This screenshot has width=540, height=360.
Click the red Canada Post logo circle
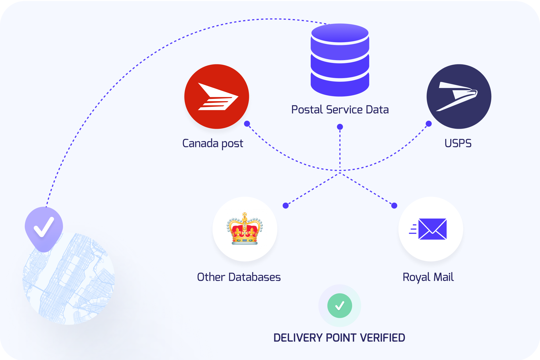pos(217,96)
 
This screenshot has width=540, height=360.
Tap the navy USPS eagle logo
pos(459,96)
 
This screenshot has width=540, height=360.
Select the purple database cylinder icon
pos(340,60)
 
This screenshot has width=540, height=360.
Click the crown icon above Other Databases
pos(245,229)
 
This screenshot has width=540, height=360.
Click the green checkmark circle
pos(339,305)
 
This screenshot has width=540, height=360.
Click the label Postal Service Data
pos(340,110)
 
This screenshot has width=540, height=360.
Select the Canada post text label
pos(213,144)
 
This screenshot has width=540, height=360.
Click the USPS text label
pos(458,143)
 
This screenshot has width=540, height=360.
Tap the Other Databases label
pos(239,277)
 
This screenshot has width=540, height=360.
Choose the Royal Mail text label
pos(428,277)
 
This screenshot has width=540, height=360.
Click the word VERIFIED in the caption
pos(382,338)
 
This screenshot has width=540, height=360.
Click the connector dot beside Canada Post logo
pos(247,124)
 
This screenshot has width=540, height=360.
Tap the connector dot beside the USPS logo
pos(429,124)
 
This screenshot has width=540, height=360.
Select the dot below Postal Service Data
pos(340,127)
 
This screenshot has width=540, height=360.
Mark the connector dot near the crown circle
pos(285,205)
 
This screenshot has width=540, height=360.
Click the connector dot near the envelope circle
pos(394,205)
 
